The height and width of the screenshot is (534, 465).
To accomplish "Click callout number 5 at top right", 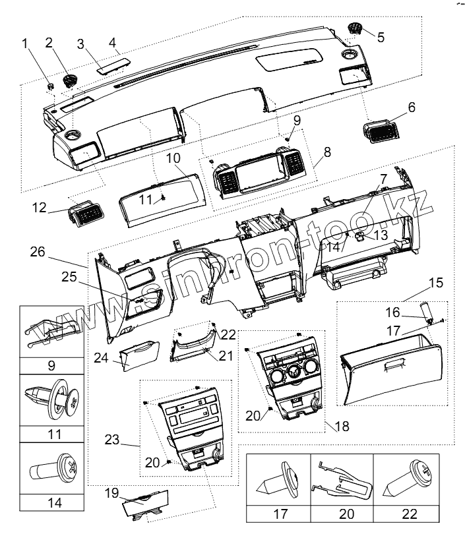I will tap(381, 38).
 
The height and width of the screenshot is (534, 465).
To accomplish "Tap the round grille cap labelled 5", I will tap(357, 28).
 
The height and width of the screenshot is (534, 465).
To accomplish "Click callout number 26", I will tap(38, 251).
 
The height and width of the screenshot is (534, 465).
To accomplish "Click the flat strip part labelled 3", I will tap(107, 65).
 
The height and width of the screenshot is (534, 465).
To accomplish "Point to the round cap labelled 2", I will tap(69, 81).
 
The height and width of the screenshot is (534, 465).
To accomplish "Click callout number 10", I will tap(173, 159).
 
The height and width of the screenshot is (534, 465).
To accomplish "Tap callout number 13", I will tap(381, 235).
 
